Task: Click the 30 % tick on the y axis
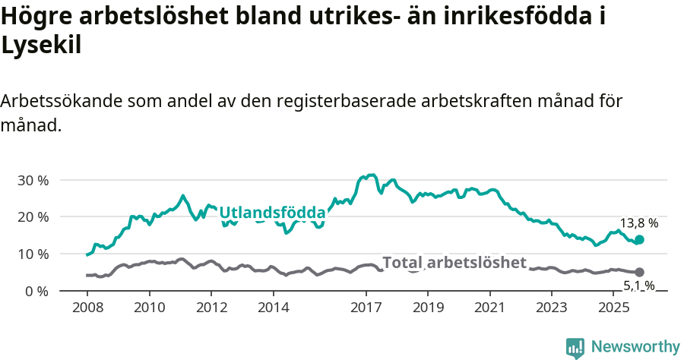[33, 181]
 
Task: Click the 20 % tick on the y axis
[33, 217]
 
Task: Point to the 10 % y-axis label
[33, 254]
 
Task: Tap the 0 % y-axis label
[37, 291]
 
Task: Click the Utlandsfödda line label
[272, 213]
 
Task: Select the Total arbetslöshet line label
[454, 263]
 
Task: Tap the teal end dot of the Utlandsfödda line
[639, 240]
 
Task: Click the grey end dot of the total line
[639, 272]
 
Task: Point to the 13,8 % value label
[638, 223]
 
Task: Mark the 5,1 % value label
[638, 286]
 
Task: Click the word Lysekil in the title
[41, 46]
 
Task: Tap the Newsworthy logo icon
[575, 347]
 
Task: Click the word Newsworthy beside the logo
[635, 347]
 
